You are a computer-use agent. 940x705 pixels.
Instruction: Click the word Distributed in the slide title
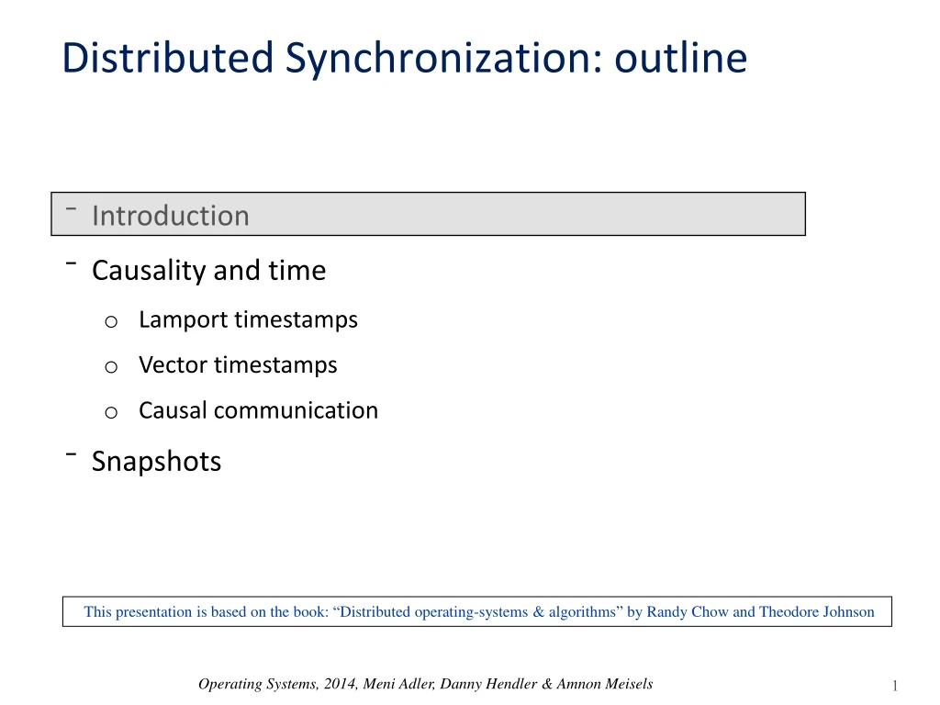[x=167, y=59]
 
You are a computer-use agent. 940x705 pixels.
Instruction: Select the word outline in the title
[x=680, y=59]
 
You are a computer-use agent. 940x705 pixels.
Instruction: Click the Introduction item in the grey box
[x=170, y=216]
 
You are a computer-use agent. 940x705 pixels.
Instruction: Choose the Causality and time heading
[x=208, y=271]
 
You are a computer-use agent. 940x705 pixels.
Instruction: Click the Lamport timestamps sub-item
[x=248, y=319]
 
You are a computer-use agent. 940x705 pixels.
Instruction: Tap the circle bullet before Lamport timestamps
[x=109, y=321]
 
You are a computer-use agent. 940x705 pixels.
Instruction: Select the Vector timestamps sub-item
[x=238, y=364]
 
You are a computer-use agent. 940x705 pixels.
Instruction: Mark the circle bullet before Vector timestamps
[x=109, y=366]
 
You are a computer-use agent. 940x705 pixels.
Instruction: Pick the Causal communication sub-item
[x=258, y=410]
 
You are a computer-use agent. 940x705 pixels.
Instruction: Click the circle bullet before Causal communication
[x=109, y=412]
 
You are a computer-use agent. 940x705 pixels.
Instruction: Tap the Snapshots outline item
[x=156, y=461]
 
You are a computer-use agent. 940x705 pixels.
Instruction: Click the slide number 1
[x=894, y=686]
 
